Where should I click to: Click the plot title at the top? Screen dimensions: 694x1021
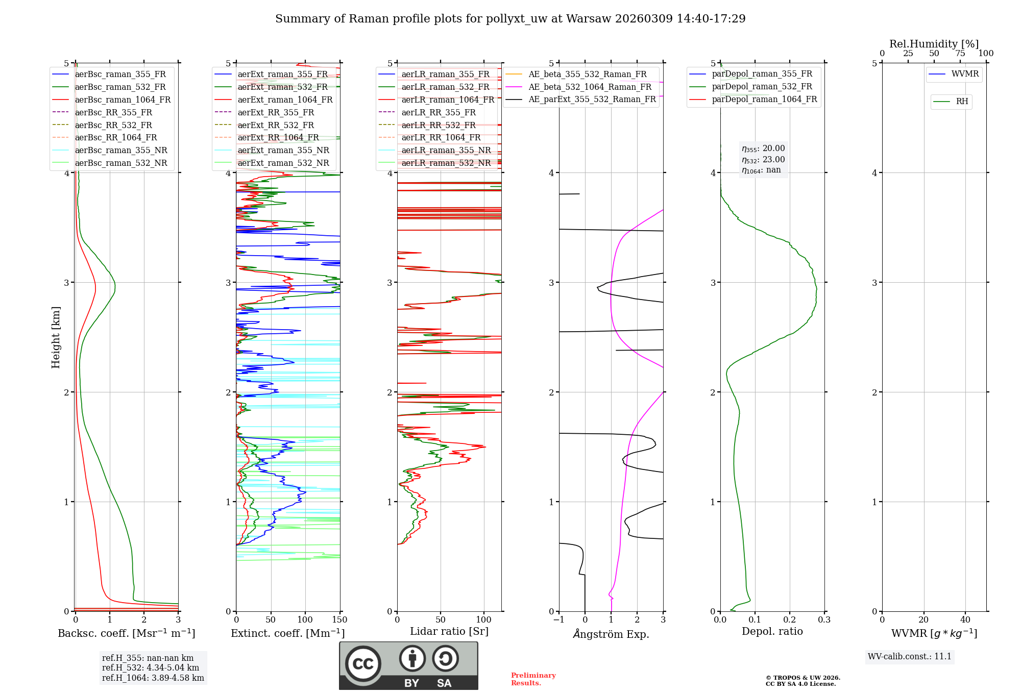(x=510, y=19)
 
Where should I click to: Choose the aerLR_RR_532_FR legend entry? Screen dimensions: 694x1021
(x=439, y=126)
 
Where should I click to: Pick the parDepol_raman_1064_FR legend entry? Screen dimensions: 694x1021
(x=764, y=100)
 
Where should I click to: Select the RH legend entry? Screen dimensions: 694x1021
(x=962, y=102)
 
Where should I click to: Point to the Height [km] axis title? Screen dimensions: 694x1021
(x=56, y=337)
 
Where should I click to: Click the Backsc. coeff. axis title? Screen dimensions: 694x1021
(x=127, y=633)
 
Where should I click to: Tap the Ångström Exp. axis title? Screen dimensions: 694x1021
(x=611, y=634)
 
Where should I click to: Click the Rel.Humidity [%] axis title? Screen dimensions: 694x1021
(x=934, y=44)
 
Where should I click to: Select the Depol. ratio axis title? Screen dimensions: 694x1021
(x=772, y=632)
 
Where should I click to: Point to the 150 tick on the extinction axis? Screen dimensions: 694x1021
(x=339, y=620)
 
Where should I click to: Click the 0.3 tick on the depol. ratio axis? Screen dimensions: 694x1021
(x=824, y=620)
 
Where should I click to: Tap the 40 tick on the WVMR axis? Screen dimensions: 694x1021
(x=965, y=620)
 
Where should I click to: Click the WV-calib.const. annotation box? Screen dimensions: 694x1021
(x=910, y=657)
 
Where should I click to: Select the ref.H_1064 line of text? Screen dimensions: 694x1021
(x=153, y=678)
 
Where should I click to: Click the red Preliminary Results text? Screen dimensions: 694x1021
(x=533, y=679)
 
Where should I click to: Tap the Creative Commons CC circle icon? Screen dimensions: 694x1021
(x=363, y=664)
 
